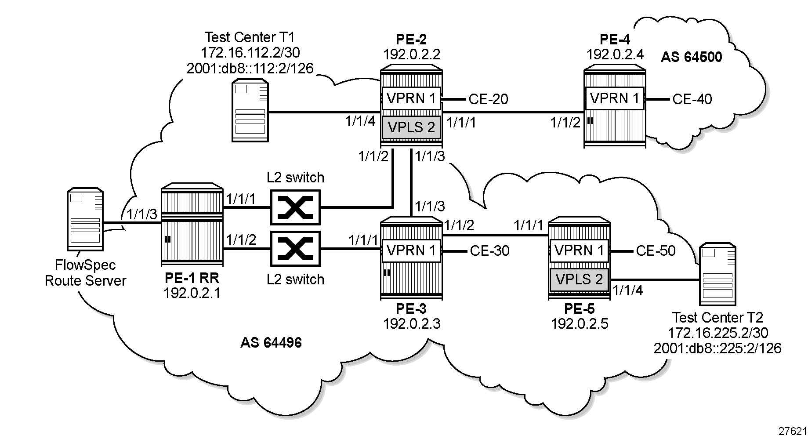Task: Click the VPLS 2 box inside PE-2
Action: [411, 127]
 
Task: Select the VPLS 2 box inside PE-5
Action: [579, 279]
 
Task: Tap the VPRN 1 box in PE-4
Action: [614, 98]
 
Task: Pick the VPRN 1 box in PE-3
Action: [411, 250]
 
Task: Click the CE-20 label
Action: [488, 99]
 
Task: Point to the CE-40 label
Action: [692, 99]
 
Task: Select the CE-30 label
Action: [489, 251]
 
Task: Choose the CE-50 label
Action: [656, 251]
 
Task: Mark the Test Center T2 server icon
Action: [717, 274]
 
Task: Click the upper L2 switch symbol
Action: [295, 207]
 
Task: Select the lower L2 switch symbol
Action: [295, 249]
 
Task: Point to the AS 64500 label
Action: [691, 57]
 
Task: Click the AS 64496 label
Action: [271, 343]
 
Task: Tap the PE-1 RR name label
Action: [192, 278]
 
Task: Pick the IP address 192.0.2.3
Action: [412, 324]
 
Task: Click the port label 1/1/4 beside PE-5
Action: [627, 290]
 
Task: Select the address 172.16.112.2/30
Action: [250, 53]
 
